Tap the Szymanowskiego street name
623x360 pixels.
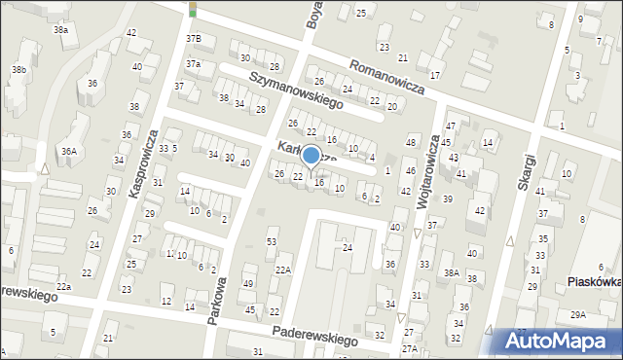pyautogui.click(x=298, y=89)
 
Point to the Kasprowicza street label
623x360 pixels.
pyautogui.click(x=142, y=164)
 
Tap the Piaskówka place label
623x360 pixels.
pyautogui.click(x=594, y=283)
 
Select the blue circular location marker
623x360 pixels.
pyautogui.click(x=311, y=155)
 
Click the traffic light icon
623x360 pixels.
pyautogui.click(x=193, y=9)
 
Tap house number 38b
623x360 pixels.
pyautogui.click(x=18, y=70)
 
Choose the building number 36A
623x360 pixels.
pyautogui.click(x=68, y=151)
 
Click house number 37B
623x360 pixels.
pyautogui.click(x=194, y=39)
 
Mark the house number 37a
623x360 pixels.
pyautogui.click(x=194, y=64)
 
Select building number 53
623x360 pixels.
pyautogui.click(x=272, y=241)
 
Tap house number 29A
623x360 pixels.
pyautogui.click(x=578, y=314)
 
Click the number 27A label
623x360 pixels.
pyautogui.click(x=410, y=348)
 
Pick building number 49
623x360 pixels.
pyautogui.click(x=248, y=283)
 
